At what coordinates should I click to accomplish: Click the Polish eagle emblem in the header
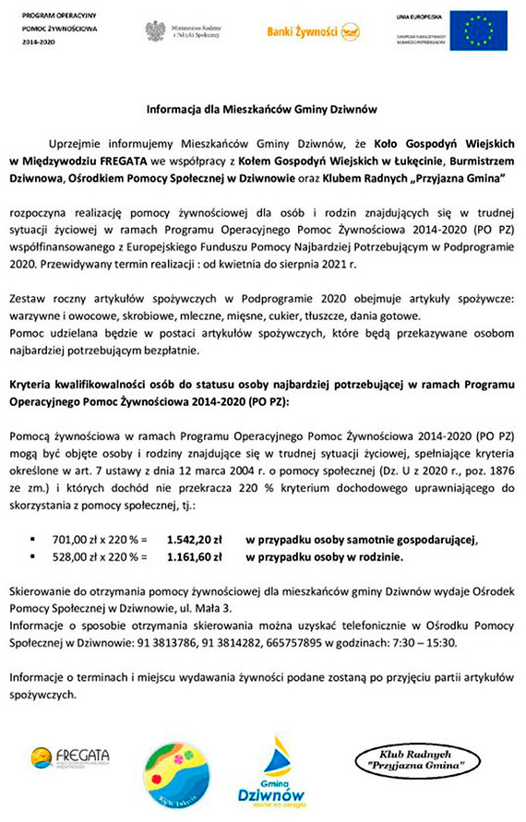154,30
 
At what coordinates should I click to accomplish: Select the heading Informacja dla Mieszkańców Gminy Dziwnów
263,109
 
